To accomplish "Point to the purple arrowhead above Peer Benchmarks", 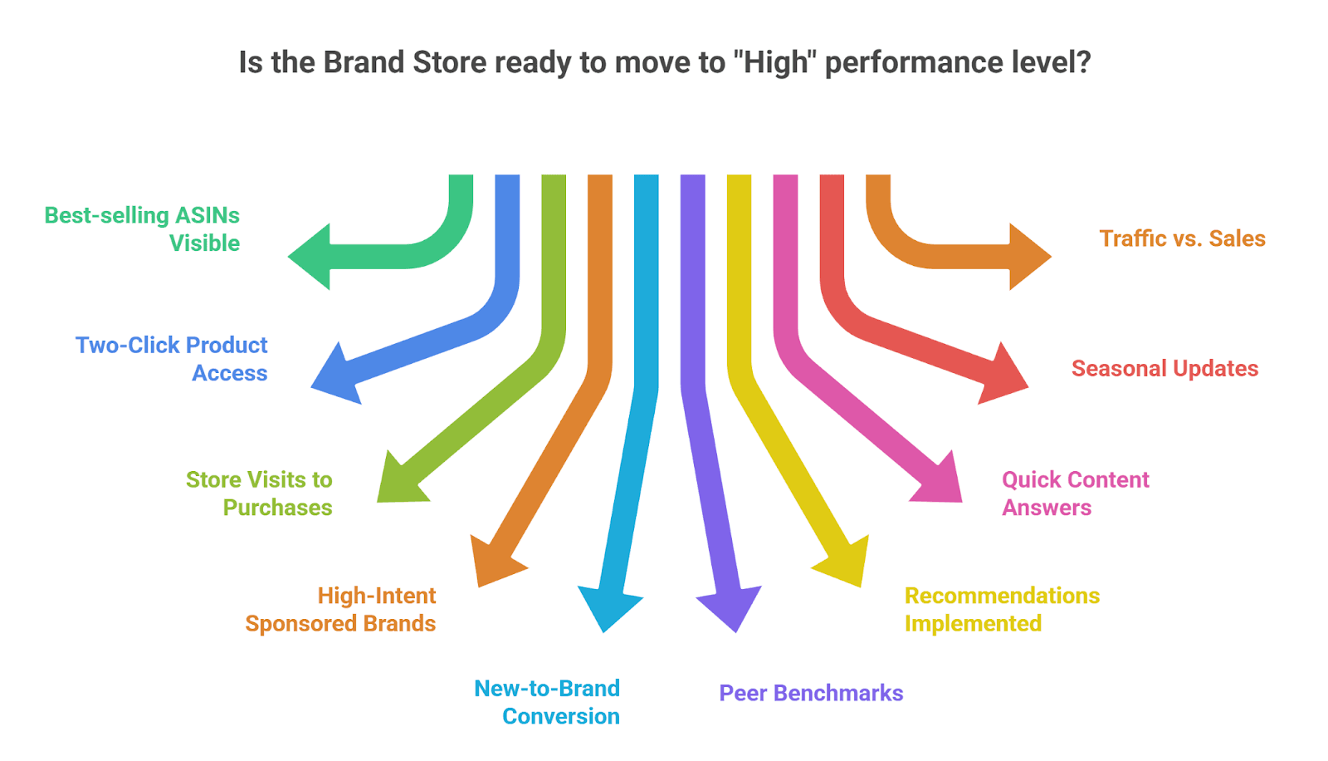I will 730,606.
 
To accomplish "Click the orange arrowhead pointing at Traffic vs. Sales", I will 1028,257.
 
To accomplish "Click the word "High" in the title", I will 776,62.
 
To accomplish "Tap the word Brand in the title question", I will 363,62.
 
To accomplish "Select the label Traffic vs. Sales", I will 1182,238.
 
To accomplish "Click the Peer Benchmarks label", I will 811,693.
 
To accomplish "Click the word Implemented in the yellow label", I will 973,623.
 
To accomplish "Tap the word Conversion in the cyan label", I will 561,716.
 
